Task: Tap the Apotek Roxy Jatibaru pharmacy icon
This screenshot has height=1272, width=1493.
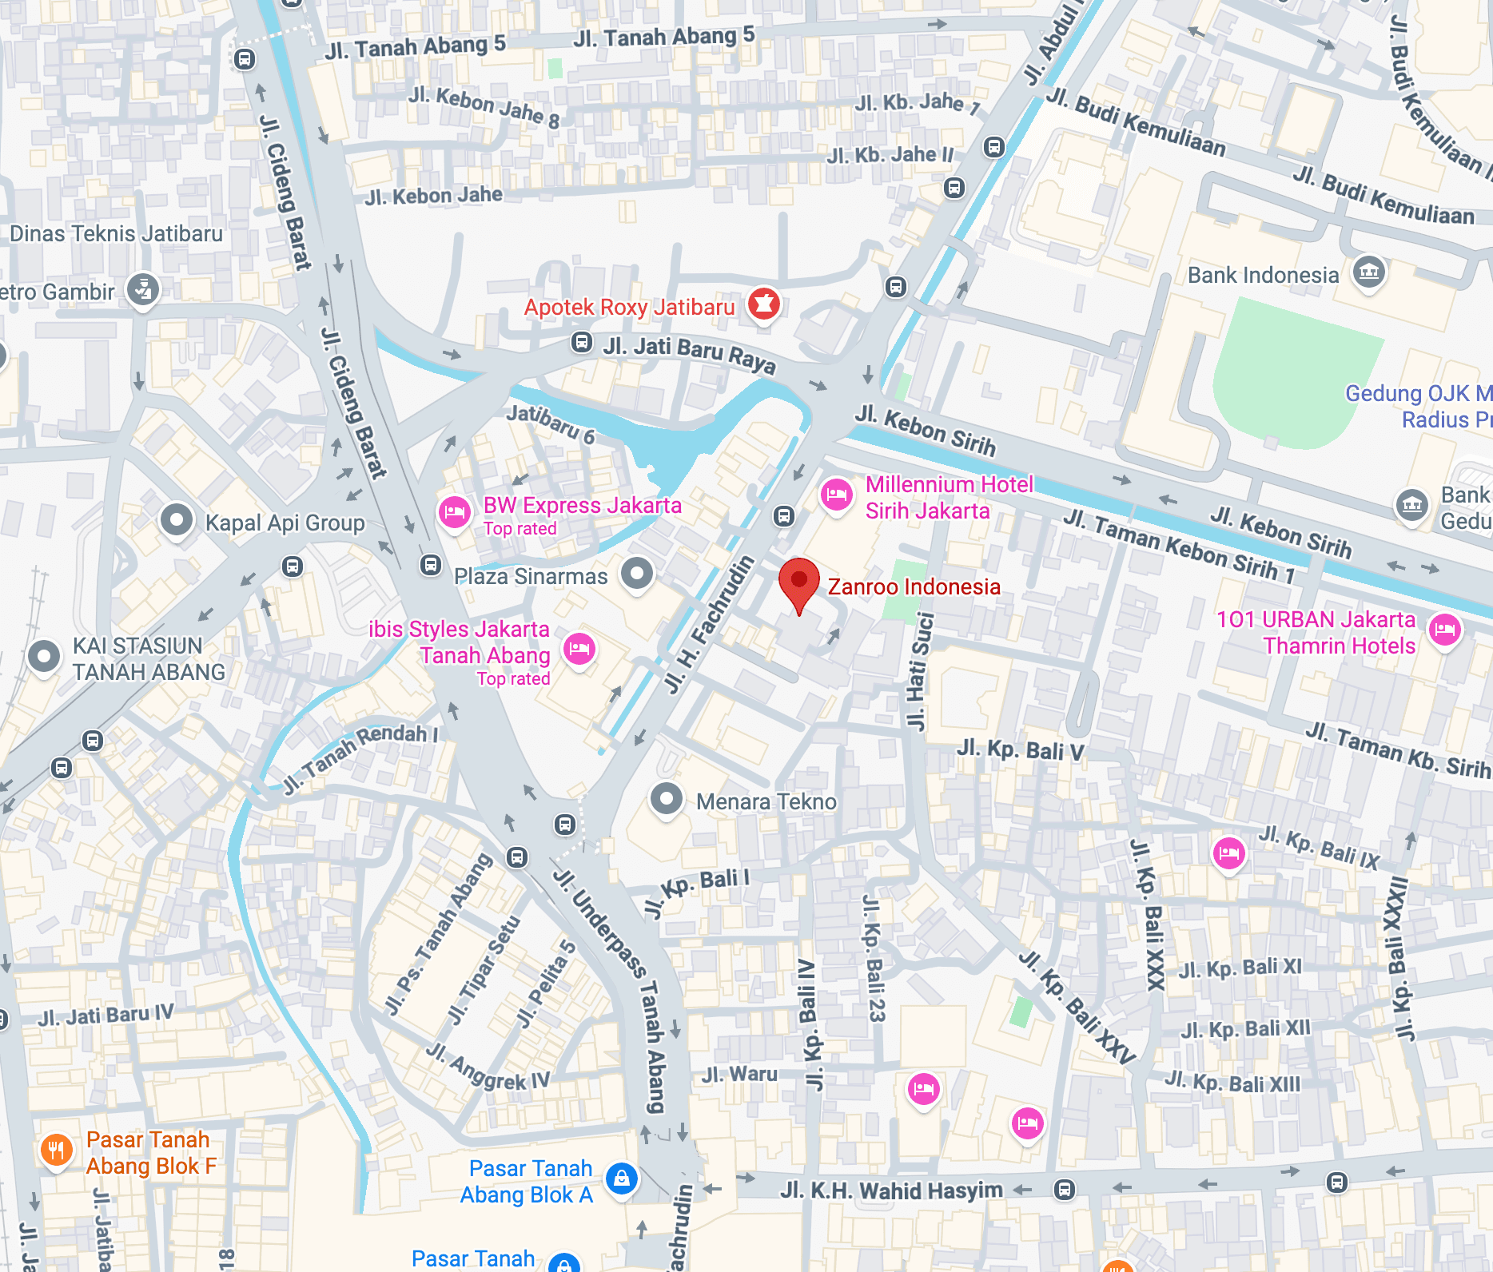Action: pyautogui.click(x=763, y=304)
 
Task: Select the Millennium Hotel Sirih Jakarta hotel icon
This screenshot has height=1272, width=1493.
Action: pyautogui.click(x=836, y=495)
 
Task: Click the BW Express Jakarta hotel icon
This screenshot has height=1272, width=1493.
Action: pyautogui.click(x=454, y=512)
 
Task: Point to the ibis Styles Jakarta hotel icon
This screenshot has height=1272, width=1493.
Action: pyautogui.click(x=579, y=648)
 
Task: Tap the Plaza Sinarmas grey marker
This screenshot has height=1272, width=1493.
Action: pyautogui.click(x=637, y=574)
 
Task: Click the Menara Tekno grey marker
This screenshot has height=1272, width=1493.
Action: pyautogui.click(x=666, y=799)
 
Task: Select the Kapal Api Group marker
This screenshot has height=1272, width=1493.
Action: pyautogui.click(x=177, y=521)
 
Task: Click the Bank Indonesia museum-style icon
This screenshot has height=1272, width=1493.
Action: pyautogui.click(x=1368, y=272)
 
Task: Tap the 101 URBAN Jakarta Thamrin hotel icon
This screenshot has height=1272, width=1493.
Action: pyautogui.click(x=1444, y=630)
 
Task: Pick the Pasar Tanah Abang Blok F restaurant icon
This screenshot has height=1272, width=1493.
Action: pyautogui.click(x=56, y=1151)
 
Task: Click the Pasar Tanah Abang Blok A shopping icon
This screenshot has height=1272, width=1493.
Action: pyautogui.click(x=621, y=1179)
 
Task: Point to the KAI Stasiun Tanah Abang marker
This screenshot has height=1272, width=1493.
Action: pyautogui.click(x=44, y=657)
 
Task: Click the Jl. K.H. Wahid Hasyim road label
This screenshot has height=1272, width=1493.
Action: pyautogui.click(x=891, y=1191)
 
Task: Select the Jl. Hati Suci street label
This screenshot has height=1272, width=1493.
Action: pyautogui.click(x=918, y=671)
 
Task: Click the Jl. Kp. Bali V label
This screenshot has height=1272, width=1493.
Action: pyautogui.click(x=1020, y=750)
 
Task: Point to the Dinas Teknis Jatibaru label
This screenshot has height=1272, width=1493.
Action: pyautogui.click(x=116, y=234)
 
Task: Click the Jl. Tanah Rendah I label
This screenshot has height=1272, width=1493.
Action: pyautogui.click(x=360, y=755)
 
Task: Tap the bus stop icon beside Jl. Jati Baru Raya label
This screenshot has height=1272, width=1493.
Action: pyautogui.click(x=581, y=343)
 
